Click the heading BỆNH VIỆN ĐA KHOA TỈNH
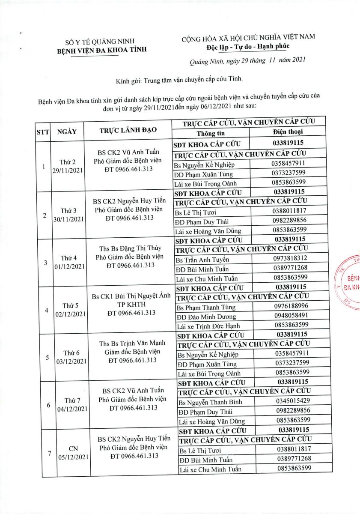coord(102,50)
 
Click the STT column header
coord(42,131)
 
